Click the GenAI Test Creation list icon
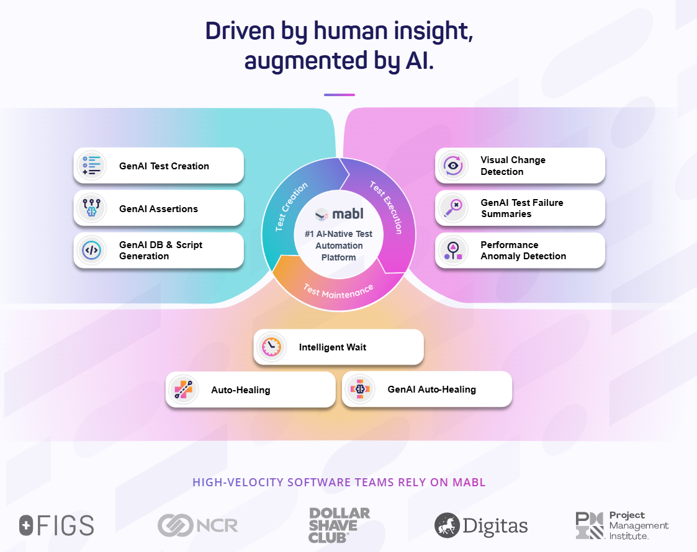coord(92,166)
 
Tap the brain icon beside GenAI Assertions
coord(92,208)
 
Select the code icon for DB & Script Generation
coord(92,251)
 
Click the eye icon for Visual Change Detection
coord(453,166)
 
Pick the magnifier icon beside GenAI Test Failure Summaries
coord(453,208)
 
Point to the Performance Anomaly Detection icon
coord(453,251)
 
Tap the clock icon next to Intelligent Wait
coord(272,347)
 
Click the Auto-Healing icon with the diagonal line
coord(184,390)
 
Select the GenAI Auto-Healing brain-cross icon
coord(360,389)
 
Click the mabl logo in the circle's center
coord(339,214)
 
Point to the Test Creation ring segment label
coord(291,207)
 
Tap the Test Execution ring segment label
coord(386,207)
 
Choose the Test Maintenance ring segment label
coord(338,292)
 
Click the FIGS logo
coord(56,526)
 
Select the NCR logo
coord(198,526)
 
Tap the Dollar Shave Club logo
coord(339,525)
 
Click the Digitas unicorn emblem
coord(447,525)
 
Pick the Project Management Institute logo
coord(622,525)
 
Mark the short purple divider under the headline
coord(339,95)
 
